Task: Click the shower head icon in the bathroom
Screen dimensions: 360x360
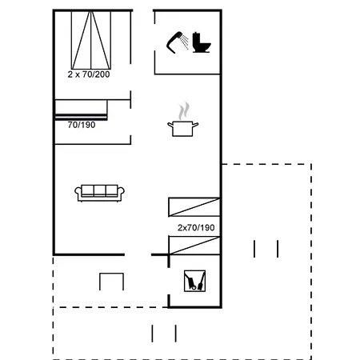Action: pyautogui.click(x=174, y=40)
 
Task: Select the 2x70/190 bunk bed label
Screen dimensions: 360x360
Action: pyautogui.click(x=197, y=228)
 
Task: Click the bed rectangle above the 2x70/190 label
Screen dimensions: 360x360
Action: pyautogui.click(x=193, y=206)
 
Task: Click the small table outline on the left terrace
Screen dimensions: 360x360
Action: pyautogui.click(x=111, y=281)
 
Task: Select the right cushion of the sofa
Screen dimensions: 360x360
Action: pyautogui.click(x=110, y=190)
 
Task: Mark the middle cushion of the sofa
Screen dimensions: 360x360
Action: pyautogui.click(x=99, y=190)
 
